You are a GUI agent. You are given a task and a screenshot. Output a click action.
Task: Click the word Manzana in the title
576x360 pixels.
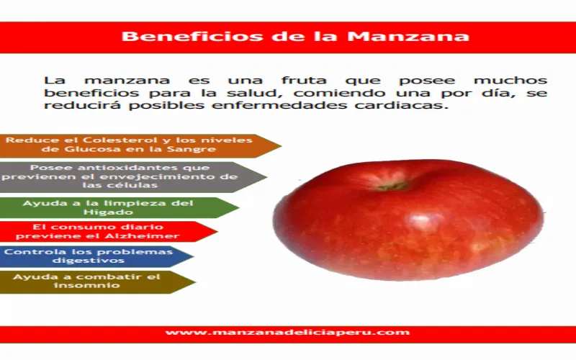tap(408, 37)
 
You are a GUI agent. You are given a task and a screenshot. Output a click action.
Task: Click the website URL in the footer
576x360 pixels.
tap(287, 333)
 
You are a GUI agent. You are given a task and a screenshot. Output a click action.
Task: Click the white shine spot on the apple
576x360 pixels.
tap(421, 220)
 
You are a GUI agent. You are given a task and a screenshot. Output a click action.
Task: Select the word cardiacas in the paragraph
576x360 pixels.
tap(402, 105)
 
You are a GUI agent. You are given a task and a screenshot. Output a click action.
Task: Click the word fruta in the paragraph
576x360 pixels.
tap(304, 81)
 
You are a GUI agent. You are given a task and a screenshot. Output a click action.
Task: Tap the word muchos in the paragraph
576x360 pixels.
tap(510, 81)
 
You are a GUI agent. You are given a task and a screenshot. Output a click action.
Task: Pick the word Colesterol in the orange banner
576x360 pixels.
tap(120, 140)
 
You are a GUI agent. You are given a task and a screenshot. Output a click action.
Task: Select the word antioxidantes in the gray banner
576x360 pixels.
tap(128, 168)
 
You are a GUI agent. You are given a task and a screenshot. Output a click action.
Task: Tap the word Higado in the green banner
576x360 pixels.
tap(108, 212)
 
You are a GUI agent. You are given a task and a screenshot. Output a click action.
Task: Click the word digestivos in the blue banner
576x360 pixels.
tap(89, 261)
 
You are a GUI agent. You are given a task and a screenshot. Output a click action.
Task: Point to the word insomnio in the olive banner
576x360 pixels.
tap(86, 285)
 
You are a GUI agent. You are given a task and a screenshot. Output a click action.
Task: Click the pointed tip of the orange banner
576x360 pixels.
tap(281, 146)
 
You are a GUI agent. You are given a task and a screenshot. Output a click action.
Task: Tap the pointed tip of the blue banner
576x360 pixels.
tap(194, 256)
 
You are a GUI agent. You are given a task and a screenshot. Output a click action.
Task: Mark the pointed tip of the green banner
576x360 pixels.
tap(239, 207)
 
